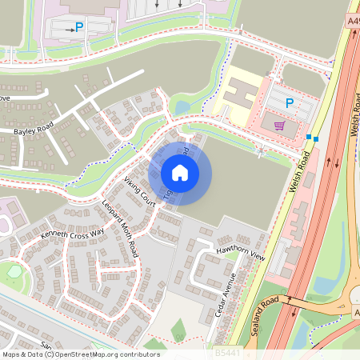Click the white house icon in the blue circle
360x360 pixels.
(x=180, y=172)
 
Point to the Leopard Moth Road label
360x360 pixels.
(x=119, y=228)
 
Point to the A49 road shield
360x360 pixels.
(x=353, y=20)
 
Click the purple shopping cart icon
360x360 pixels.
(x=279, y=125)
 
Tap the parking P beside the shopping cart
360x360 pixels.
(x=290, y=102)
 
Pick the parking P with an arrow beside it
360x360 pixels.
(x=79, y=27)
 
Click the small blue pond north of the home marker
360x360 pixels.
(x=182, y=106)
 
